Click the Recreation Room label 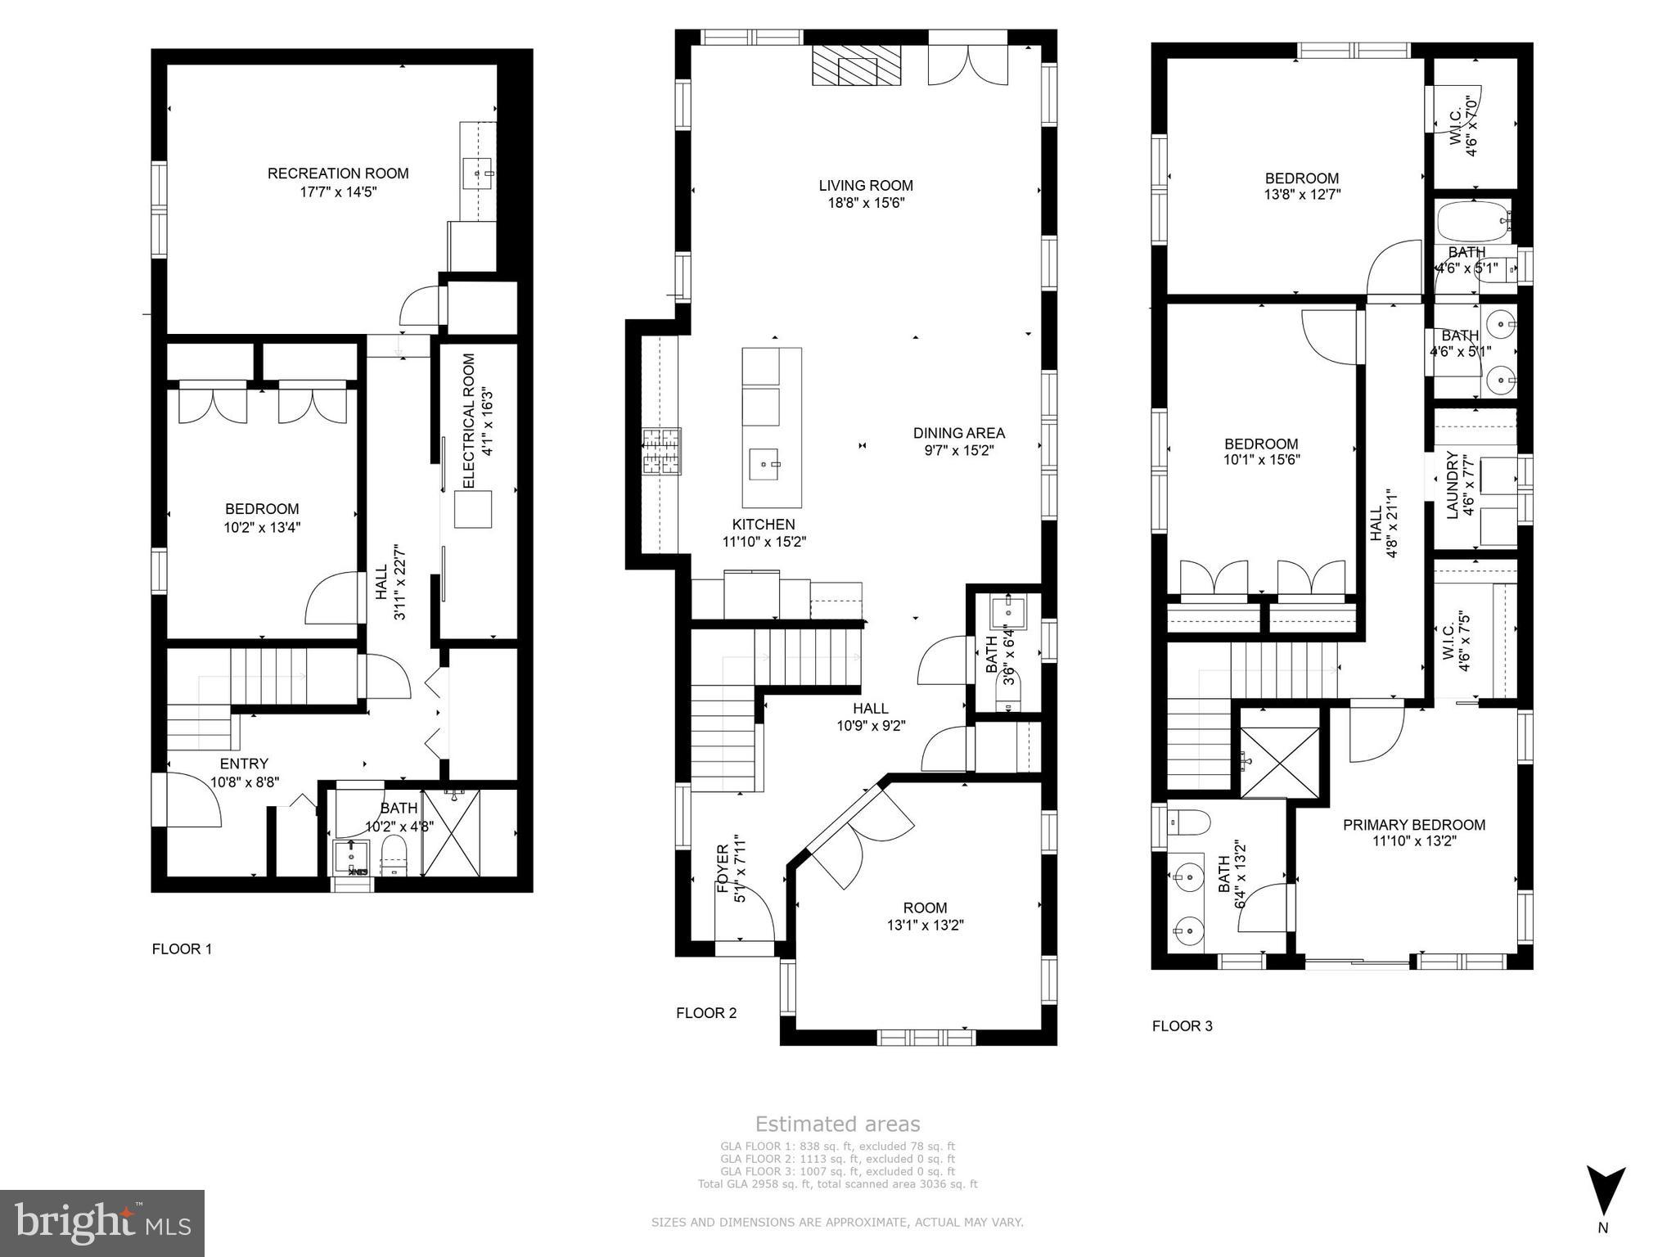point(338,173)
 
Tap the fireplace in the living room point(856,65)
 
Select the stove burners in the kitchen point(661,452)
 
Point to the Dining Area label point(958,433)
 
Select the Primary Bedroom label point(1413,825)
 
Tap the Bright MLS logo point(102,1223)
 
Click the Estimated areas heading point(837,1124)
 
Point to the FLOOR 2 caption point(706,1013)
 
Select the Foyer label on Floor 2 point(723,867)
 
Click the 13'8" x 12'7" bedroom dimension point(1302,195)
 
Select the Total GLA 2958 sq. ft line point(837,1184)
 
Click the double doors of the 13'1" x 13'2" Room point(859,835)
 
